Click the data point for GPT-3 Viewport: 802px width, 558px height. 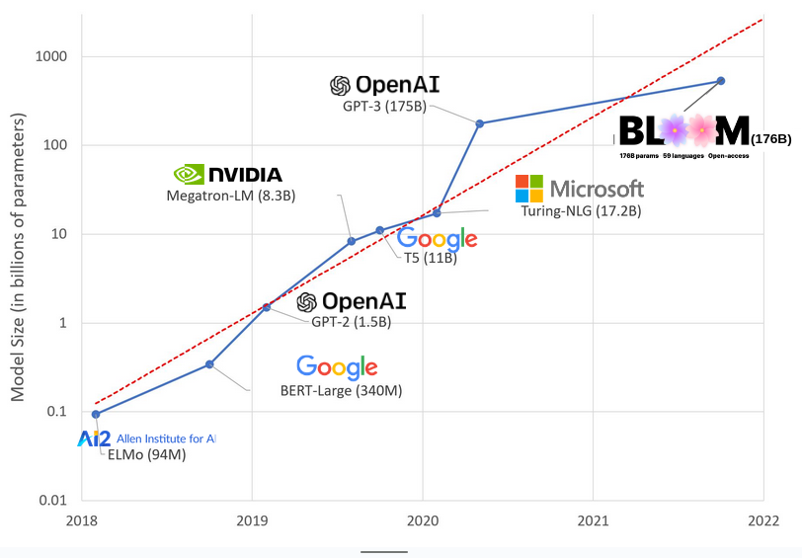click(x=480, y=123)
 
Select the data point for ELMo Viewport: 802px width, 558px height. click(x=96, y=414)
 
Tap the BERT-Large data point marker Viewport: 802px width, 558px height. click(x=209, y=364)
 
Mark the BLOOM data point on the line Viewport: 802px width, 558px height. click(x=721, y=81)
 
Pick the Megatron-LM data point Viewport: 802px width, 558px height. click(x=352, y=241)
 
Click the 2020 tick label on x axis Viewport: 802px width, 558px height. click(x=423, y=520)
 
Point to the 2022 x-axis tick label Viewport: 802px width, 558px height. click(x=763, y=520)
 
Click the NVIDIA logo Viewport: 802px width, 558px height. click(x=227, y=175)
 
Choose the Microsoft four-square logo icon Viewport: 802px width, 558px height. click(x=529, y=189)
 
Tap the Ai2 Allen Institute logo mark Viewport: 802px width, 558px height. click(x=94, y=438)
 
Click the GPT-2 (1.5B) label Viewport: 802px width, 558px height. click(x=351, y=322)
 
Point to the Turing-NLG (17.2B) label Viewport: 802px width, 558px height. click(x=581, y=211)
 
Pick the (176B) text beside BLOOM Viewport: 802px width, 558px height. click(x=770, y=139)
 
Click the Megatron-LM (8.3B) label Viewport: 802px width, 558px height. click(x=231, y=197)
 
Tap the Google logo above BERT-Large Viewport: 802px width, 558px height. click(x=337, y=367)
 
